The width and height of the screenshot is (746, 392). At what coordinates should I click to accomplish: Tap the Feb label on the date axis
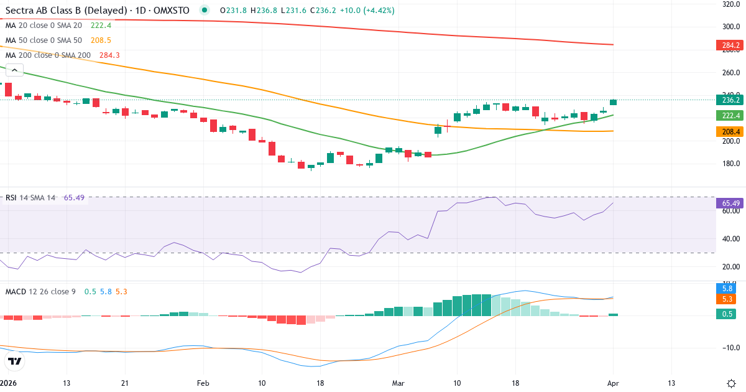point(203,383)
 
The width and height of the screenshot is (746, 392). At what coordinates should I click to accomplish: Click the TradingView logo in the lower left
point(15,362)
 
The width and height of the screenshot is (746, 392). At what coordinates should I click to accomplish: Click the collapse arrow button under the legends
point(14,70)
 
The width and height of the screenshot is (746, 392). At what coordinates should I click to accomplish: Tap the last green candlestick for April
point(614,102)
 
